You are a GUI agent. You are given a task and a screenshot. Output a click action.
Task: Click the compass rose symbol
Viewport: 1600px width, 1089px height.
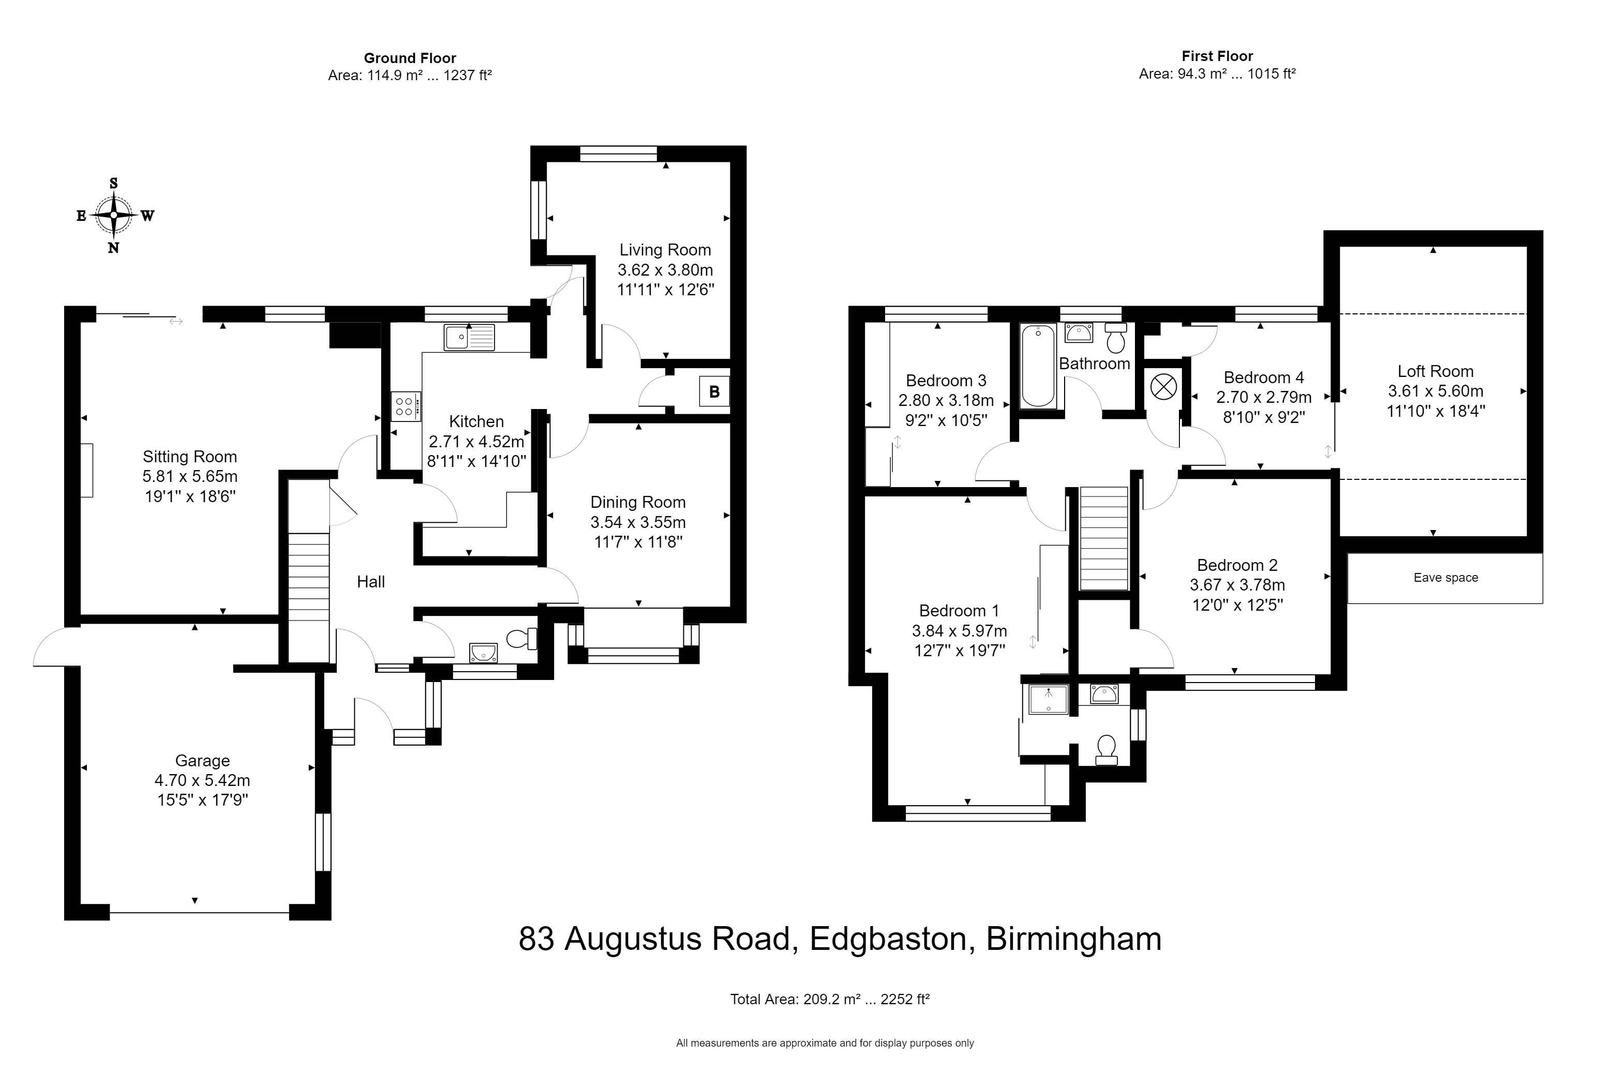tap(114, 215)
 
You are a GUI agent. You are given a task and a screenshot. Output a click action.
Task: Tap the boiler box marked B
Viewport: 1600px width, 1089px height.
tap(714, 391)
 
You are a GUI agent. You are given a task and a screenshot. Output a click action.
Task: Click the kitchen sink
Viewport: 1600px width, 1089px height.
tap(469, 337)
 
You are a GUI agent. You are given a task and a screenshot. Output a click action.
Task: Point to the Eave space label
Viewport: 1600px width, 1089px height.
tap(1445, 578)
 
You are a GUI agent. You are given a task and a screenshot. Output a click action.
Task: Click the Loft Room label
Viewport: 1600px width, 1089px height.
tap(1435, 372)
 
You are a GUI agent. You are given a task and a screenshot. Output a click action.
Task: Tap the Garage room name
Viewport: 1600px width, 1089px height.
tap(202, 761)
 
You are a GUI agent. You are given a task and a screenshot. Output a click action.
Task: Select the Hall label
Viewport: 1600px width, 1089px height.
tap(370, 582)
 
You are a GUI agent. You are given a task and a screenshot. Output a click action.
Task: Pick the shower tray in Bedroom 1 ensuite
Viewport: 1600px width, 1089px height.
tap(1048, 700)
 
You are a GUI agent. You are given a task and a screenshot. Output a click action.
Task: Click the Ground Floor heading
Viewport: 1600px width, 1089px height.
tap(410, 58)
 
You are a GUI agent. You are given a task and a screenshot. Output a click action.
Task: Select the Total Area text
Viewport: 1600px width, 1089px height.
tap(830, 1000)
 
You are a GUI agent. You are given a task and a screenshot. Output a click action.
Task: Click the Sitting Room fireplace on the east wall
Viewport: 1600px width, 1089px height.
tap(86, 470)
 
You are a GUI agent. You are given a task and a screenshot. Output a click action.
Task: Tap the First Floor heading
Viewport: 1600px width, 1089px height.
tap(1217, 56)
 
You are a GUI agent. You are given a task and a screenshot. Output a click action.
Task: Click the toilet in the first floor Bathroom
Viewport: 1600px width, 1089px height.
tap(1115, 337)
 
